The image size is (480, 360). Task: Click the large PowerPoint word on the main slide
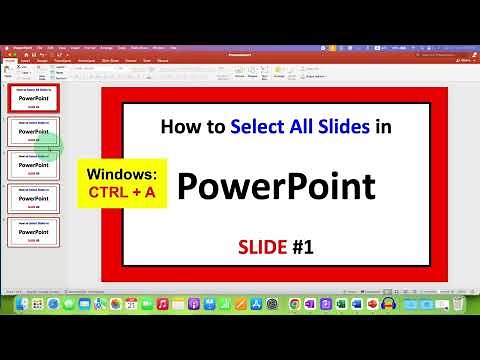[x=276, y=186]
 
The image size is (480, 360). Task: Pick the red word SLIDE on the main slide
[x=261, y=246]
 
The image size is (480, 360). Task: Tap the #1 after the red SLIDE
[x=301, y=246]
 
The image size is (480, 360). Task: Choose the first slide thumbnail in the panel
[x=33, y=98]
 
